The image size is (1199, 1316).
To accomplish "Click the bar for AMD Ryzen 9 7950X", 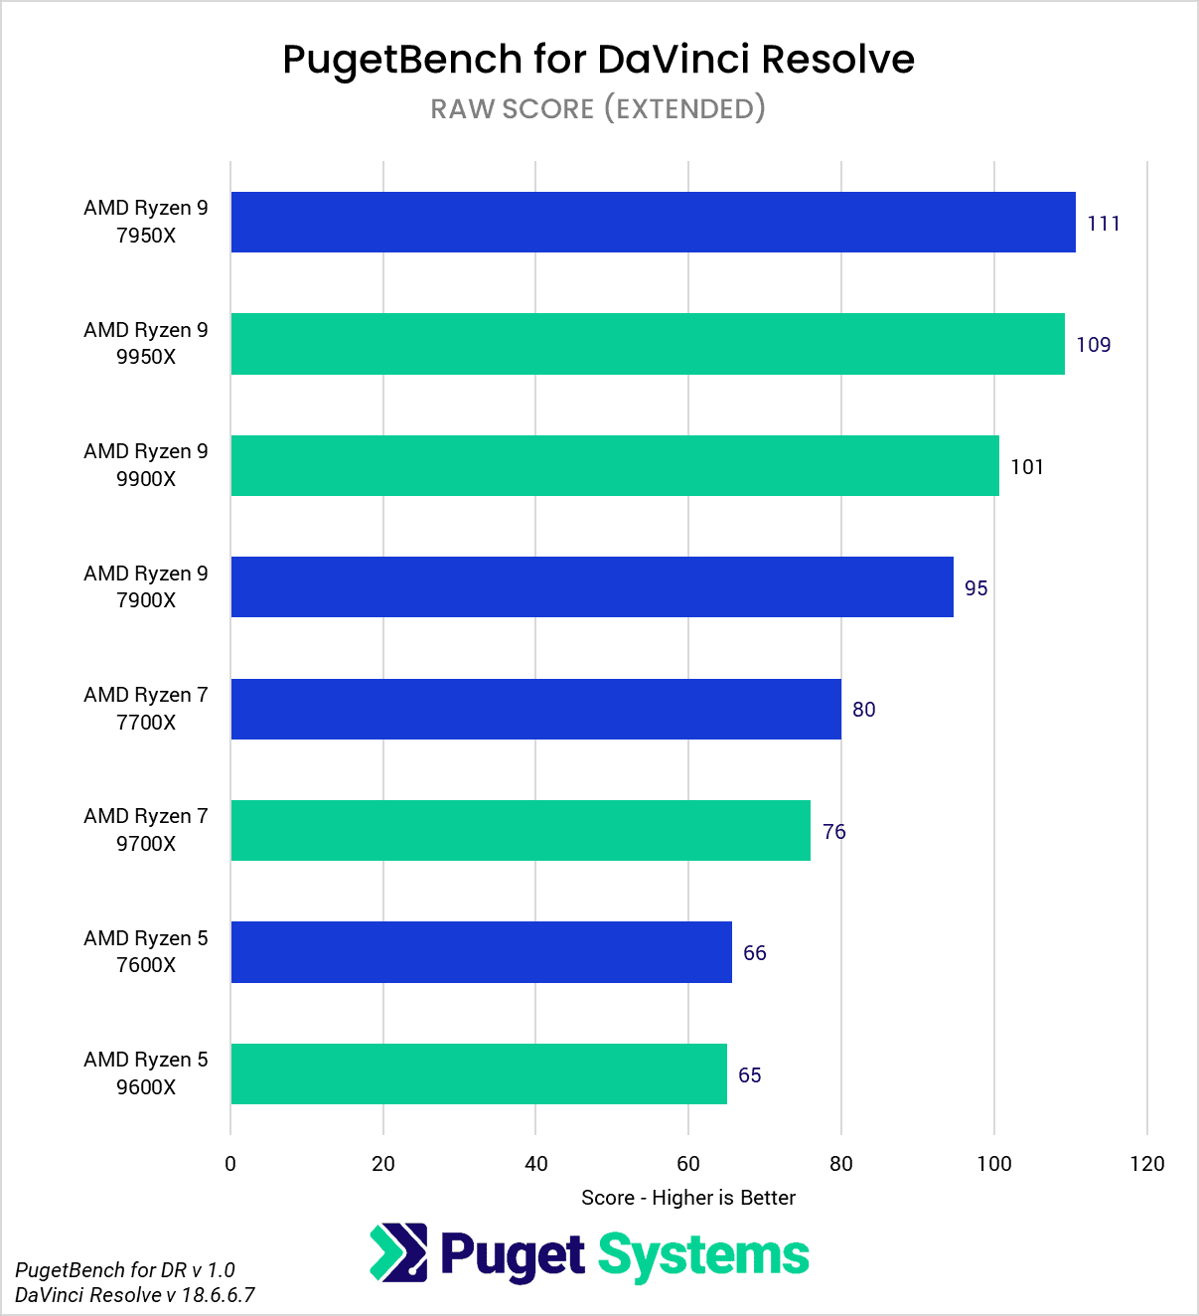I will [653, 222].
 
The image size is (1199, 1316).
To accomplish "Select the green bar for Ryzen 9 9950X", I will [648, 344].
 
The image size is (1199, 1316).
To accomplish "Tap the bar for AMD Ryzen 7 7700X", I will [535, 709].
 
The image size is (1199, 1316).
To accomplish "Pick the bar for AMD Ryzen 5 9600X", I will [479, 1073].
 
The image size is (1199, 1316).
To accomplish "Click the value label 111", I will [1104, 224].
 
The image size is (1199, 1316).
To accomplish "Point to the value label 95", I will [975, 588].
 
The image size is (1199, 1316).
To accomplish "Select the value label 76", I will [833, 832].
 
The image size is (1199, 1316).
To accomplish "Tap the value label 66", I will [754, 953].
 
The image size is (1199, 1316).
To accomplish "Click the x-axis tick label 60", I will [688, 1164].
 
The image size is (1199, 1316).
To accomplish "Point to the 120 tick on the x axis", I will [1146, 1164].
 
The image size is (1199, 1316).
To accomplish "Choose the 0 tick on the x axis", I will [230, 1164].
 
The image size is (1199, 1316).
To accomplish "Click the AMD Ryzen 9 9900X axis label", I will [146, 465].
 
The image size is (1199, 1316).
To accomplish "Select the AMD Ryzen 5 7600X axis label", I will [146, 951].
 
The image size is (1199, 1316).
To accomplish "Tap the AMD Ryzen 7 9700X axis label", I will [146, 830].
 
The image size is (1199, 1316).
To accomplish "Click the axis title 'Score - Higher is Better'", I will [688, 1198].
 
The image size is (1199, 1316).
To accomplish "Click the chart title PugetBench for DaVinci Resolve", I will [598, 60].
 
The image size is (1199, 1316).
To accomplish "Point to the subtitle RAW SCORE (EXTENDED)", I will [598, 108].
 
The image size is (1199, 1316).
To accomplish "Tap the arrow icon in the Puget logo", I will [398, 1252].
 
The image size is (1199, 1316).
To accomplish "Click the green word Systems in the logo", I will [703, 1255].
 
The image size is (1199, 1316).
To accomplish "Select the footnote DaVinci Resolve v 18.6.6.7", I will [135, 1295].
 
